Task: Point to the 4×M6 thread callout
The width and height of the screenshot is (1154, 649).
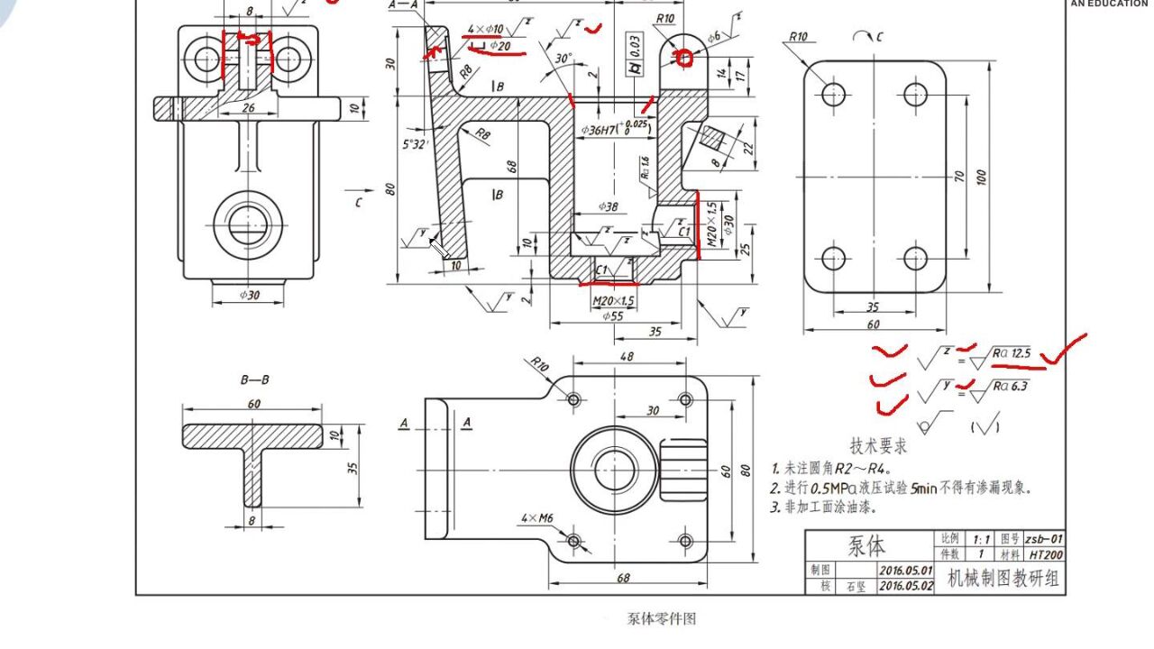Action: tap(537, 518)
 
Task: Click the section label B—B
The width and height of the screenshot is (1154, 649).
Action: tap(254, 380)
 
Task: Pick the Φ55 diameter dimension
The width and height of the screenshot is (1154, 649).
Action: tap(612, 316)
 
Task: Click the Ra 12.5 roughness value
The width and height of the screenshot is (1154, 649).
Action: tap(1011, 353)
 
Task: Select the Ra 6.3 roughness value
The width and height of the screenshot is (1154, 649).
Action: tap(1009, 387)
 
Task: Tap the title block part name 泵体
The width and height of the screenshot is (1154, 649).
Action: tap(866, 546)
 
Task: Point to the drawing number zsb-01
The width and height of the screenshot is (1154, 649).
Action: tap(1043, 538)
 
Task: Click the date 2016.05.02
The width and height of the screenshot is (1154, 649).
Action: tap(906, 586)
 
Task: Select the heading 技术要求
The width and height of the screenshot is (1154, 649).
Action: tap(878, 446)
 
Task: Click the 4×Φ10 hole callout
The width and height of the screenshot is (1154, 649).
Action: tap(485, 29)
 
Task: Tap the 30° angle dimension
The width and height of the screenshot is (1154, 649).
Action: tap(563, 59)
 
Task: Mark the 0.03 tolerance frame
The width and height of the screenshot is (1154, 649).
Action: tap(636, 44)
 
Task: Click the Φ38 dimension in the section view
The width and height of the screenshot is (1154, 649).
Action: tap(609, 206)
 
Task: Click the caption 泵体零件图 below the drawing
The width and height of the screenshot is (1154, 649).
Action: tap(662, 619)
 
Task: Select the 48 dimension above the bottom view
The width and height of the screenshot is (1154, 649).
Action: tap(627, 357)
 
